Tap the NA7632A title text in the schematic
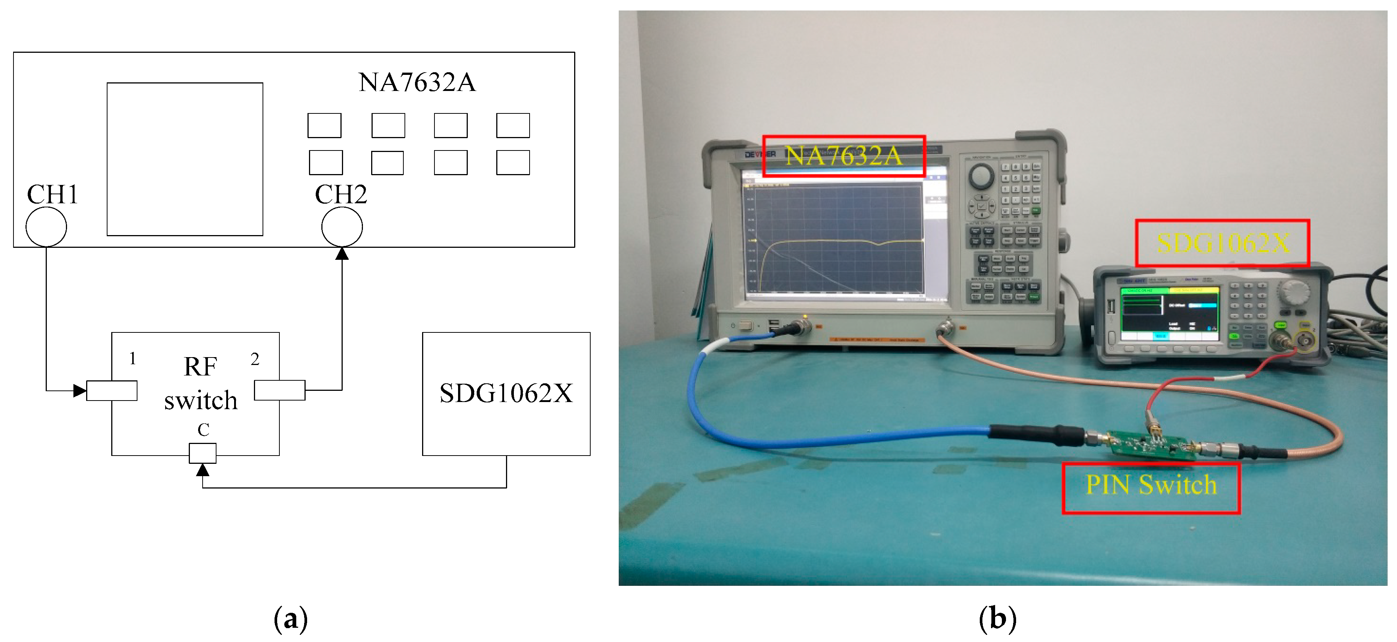click(416, 82)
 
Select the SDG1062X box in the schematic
click(506, 394)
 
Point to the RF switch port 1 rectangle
click(112, 390)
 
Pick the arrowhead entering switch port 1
click(80, 390)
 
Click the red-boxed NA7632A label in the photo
click(843, 156)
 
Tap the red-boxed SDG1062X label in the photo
click(1222, 243)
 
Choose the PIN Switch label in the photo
click(1151, 485)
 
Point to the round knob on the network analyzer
click(981, 176)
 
